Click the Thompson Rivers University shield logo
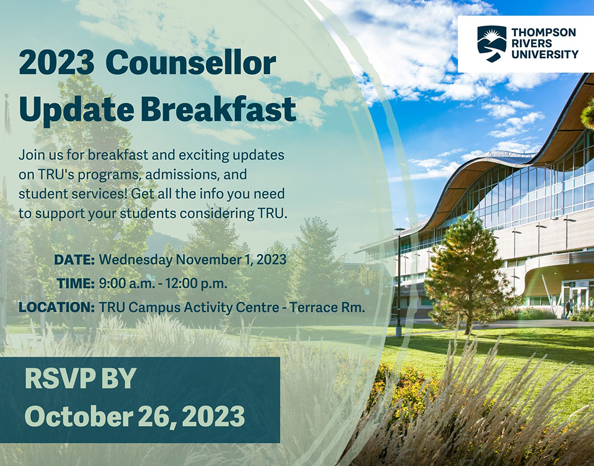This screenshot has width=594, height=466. click(492, 43)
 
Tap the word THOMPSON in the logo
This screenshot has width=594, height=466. click(544, 33)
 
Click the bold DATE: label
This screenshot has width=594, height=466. click(74, 259)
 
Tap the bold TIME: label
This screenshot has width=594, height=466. click(75, 283)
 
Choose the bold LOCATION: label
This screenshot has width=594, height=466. click(56, 308)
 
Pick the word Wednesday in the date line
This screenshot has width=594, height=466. click(135, 259)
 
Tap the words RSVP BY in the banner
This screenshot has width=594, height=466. click(81, 379)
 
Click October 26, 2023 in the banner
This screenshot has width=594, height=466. click(134, 416)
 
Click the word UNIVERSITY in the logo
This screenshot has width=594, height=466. click(545, 54)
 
